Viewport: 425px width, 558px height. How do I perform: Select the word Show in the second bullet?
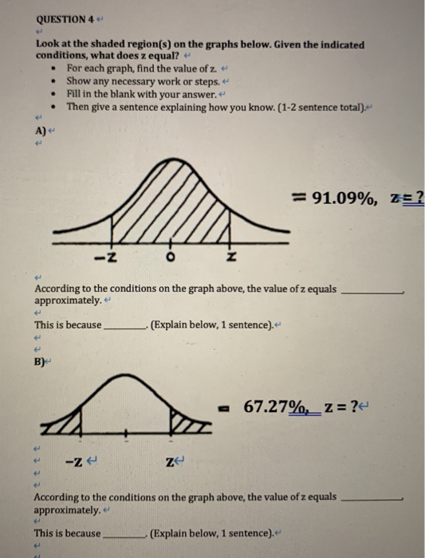[79, 81]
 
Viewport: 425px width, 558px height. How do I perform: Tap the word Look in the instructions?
[47, 45]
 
